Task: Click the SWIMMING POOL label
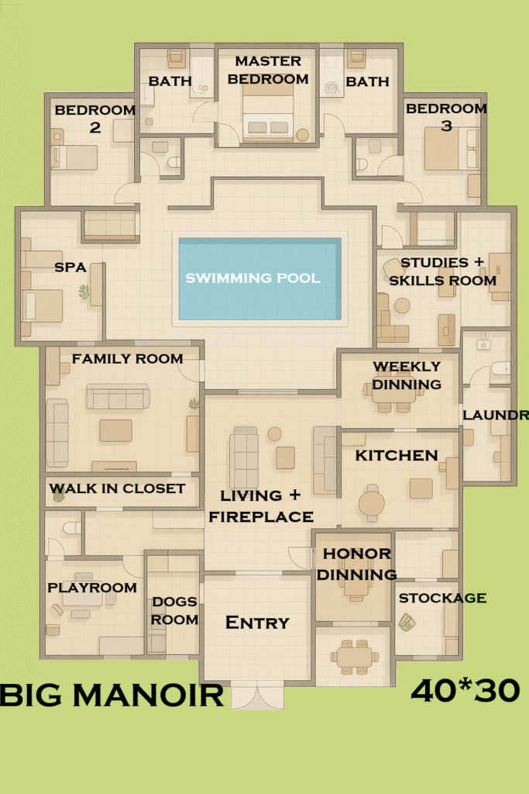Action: click(x=252, y=278)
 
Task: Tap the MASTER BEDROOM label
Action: click(x=268, y=70)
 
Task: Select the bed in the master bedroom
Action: click(x=268, y=116)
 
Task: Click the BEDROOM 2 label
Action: click(x=94, y=118)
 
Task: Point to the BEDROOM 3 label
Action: click(x=446, y=116)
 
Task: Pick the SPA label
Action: click(x=70, y=267)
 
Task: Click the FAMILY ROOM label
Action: click(x=127, y=359)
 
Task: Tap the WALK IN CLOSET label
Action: click(x=117, y=488)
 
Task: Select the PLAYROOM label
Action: click(x=92, y=588)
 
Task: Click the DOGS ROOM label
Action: click(x=174, y=610)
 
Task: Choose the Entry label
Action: click(x=257, y=623)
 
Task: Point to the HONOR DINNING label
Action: click(x=357, y=564)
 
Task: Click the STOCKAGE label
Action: click(x=441, y=598)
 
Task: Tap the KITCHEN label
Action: click(x=397, y=455)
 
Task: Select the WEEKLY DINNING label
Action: click(x=407, y=375)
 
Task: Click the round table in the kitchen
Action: click(x=372, y=504)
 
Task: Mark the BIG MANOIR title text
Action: click(x=112, y=695)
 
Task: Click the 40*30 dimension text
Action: click(x=465, y=691)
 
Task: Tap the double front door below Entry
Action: click(x=257, y=696)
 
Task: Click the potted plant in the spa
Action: click(x=84, y=292)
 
